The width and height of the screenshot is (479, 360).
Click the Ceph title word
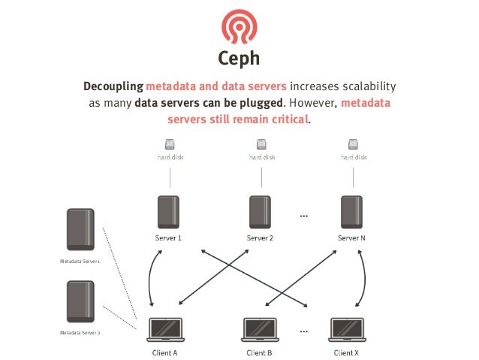point(239,59)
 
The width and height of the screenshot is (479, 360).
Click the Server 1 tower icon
point(169,213)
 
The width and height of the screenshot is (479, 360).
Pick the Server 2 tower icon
point(259,213)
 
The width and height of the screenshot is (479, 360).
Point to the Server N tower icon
point(351,213)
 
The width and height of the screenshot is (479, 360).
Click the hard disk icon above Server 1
point(170,144)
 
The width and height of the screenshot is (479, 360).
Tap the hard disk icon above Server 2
point(261,144)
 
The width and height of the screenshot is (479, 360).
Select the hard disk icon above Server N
point(353,144)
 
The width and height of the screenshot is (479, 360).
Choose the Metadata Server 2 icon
point(80,301)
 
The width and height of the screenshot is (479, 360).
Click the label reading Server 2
point(259,238)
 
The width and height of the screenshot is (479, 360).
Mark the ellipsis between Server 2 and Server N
point(304,216)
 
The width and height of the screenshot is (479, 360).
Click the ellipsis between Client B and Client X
point(304,330)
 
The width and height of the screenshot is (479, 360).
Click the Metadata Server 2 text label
point(80,331)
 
